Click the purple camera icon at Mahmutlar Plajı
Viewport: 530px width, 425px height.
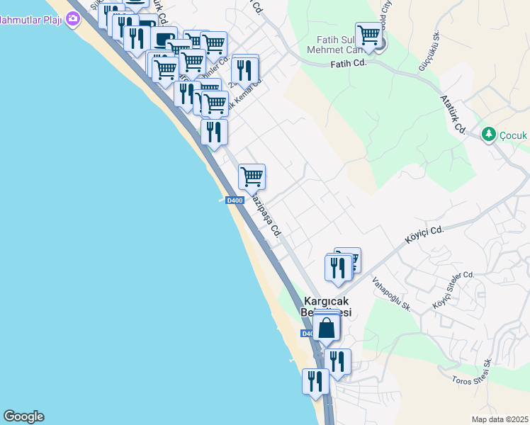[x=72, y=19]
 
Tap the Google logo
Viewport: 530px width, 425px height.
[x=23, y=416]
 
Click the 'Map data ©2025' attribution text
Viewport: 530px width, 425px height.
[x=500, y=419]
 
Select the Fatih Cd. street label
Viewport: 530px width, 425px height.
[x=347, y=64]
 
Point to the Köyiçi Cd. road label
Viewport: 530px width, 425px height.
[x=424, y=235]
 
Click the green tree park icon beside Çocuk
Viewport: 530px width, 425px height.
[x=487, y=133]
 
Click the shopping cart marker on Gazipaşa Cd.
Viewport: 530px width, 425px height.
[x=252, y=176]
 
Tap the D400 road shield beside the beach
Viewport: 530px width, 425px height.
[x=235, y=200]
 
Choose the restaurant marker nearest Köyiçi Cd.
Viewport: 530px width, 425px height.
[x=337, y=267]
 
